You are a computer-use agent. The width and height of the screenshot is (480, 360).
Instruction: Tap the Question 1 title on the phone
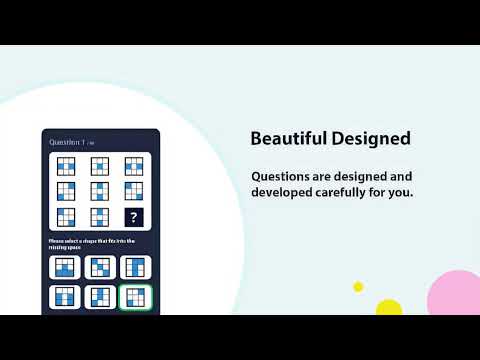[65, 143]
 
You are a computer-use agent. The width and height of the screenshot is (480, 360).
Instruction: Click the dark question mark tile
[133, 216]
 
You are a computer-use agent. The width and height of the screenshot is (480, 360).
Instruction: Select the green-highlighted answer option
[133, 296]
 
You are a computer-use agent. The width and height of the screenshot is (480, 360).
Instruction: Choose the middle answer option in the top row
[99, 267]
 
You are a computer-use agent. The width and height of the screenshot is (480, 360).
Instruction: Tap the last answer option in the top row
[133, 267]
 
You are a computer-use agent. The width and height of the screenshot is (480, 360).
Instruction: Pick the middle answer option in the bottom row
[99, 296]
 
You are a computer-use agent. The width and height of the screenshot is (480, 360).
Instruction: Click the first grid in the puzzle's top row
[66, 166]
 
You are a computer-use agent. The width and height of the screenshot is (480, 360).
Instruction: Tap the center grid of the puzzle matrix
[99, 191]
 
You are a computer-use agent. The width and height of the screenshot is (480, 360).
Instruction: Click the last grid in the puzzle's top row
[133, 166]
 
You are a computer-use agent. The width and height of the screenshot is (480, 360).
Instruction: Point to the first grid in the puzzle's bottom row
[66, 216]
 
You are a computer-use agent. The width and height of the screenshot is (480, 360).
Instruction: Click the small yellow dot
[358, 287]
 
